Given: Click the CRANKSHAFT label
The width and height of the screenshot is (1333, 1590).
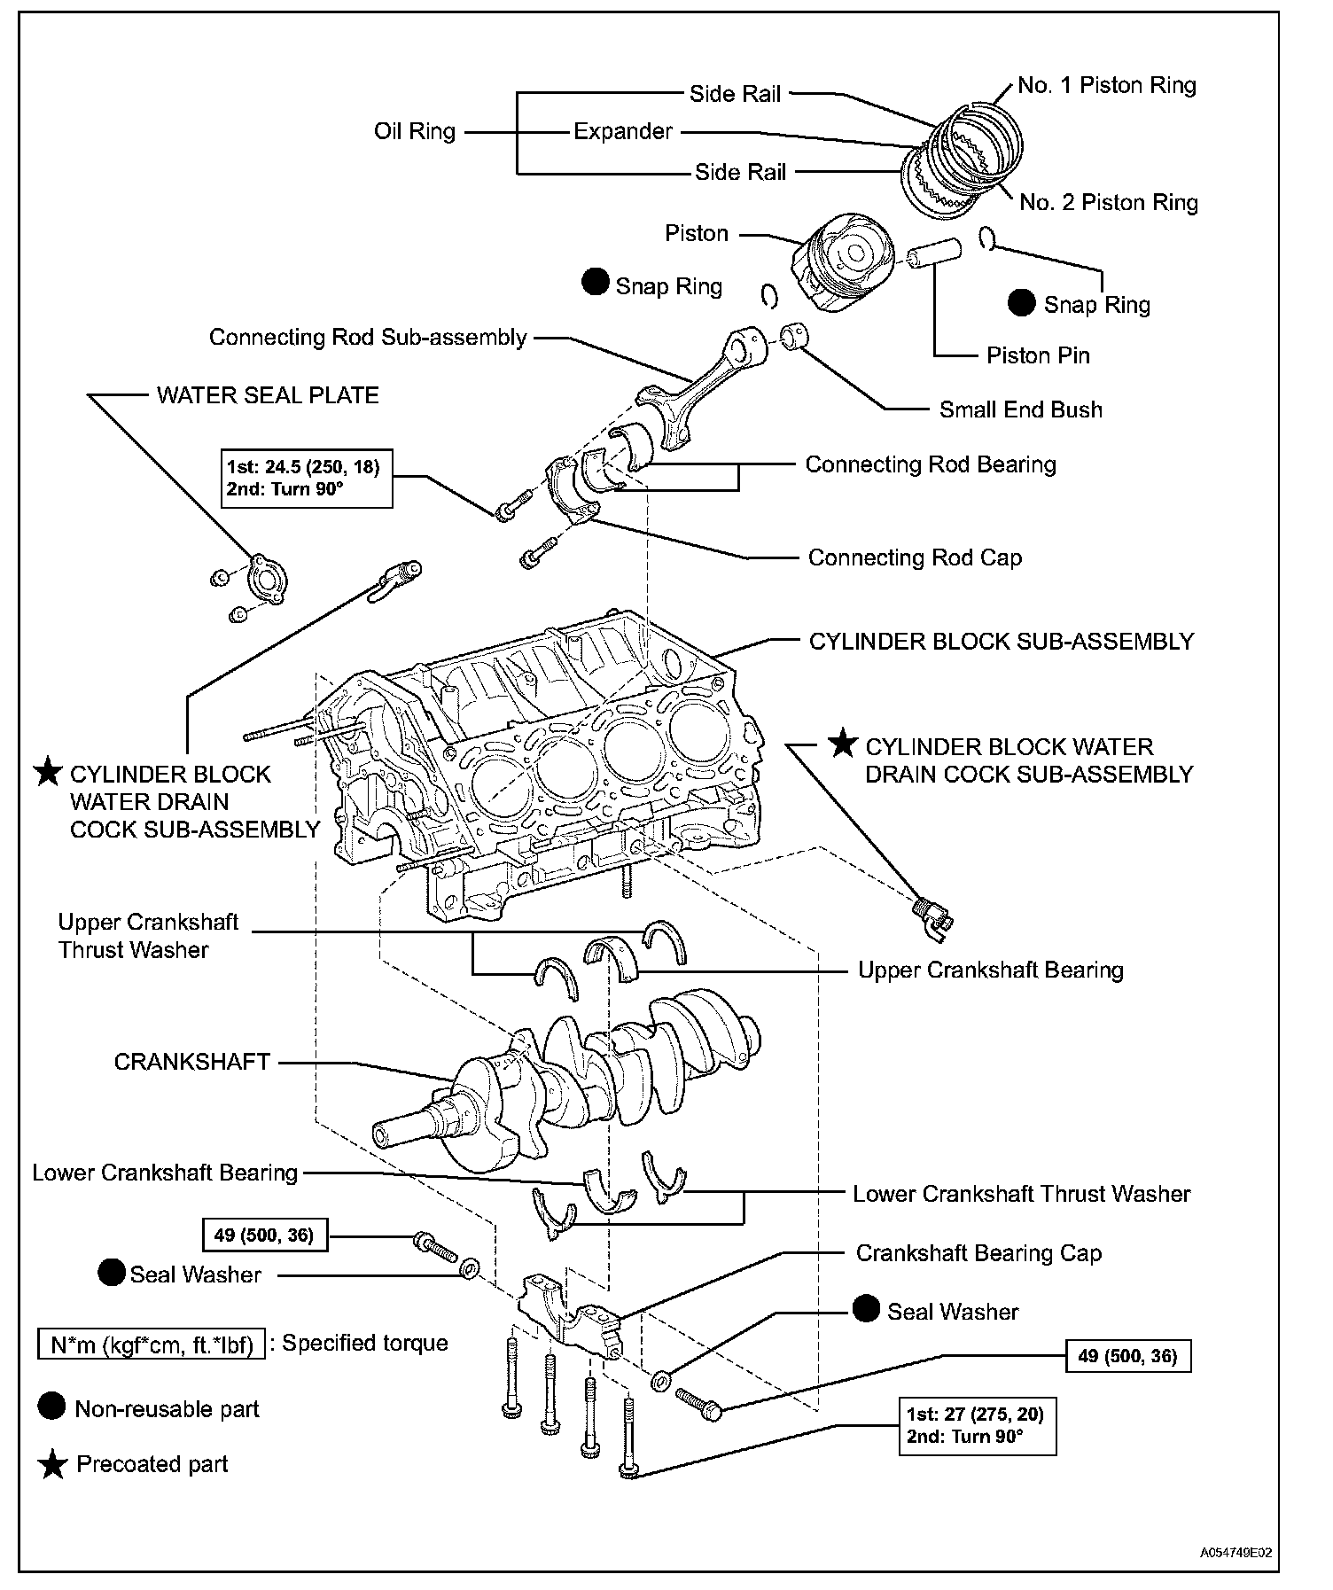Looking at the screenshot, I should (x=191, y=1062).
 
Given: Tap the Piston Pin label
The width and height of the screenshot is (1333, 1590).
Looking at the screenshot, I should (x=1038, y=355).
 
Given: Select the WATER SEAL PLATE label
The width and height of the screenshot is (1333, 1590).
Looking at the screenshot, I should (x=268, y=395).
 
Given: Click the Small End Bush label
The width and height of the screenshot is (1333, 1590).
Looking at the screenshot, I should (x=1020, y=409).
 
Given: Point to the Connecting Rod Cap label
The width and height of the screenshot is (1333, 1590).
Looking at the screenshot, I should (x=915, y=557).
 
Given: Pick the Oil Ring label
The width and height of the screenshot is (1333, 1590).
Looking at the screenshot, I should (x=414, y=132).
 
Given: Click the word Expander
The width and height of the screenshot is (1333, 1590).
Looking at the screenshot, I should (x=623, y=132).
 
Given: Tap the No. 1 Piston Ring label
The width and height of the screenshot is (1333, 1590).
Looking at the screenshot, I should (x=1106, y=85).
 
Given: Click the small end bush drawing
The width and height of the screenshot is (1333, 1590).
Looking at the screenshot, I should (x=795, y=338).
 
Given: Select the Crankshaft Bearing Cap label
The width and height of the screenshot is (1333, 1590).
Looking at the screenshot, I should (x=978, y=1253).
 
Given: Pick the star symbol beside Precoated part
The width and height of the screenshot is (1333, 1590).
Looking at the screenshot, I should (x=53, y=1465).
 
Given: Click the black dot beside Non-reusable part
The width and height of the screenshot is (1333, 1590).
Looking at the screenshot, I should (x=52, y=1408).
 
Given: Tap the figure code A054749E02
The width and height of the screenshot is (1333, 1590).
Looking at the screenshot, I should (x=1236, y=1553).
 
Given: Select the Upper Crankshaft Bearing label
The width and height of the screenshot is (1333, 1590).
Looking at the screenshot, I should (x=990, y=970).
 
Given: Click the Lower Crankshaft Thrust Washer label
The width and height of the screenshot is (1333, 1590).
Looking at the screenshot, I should (x=1021, y=1194).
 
